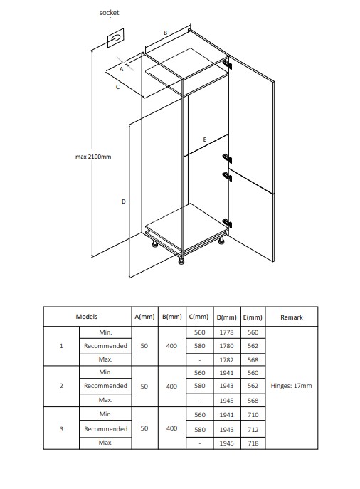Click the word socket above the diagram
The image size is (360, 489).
point(109,13)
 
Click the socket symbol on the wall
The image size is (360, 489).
point(116,38)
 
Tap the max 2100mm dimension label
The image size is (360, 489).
point(93,157)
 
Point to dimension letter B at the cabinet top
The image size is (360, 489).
point(166,33)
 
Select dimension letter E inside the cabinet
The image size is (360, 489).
point(204,140)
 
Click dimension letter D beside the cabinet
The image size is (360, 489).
point(123,201)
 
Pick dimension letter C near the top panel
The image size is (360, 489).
point(117,87)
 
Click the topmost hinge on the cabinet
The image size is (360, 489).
point(227,65)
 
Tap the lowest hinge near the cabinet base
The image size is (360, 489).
point(227,224)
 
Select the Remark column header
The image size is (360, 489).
point(292,317)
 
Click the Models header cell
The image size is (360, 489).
point(87,317)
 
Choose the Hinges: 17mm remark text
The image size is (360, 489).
point(291,386)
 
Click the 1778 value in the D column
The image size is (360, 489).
point(226,332)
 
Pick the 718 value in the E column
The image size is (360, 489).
point(253,443)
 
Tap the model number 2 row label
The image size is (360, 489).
point(61,386)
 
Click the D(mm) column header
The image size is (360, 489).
point(226,317)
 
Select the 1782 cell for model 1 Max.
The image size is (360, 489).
point(226,360)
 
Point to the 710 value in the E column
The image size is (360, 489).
point(253,415)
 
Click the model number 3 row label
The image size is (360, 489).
point(61,429)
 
